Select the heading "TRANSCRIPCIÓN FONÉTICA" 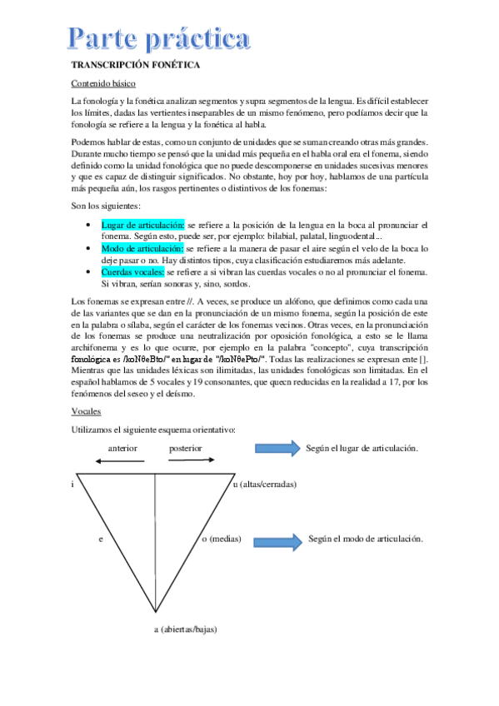132,65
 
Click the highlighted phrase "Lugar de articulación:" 142,225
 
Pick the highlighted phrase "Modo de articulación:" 142,248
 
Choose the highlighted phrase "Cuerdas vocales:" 133,271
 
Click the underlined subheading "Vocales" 87,411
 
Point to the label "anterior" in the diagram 122,447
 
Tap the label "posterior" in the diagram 186,447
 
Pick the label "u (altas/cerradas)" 265,484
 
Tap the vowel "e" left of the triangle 100,539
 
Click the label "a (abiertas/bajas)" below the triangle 185,629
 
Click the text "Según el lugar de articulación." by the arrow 362,448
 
